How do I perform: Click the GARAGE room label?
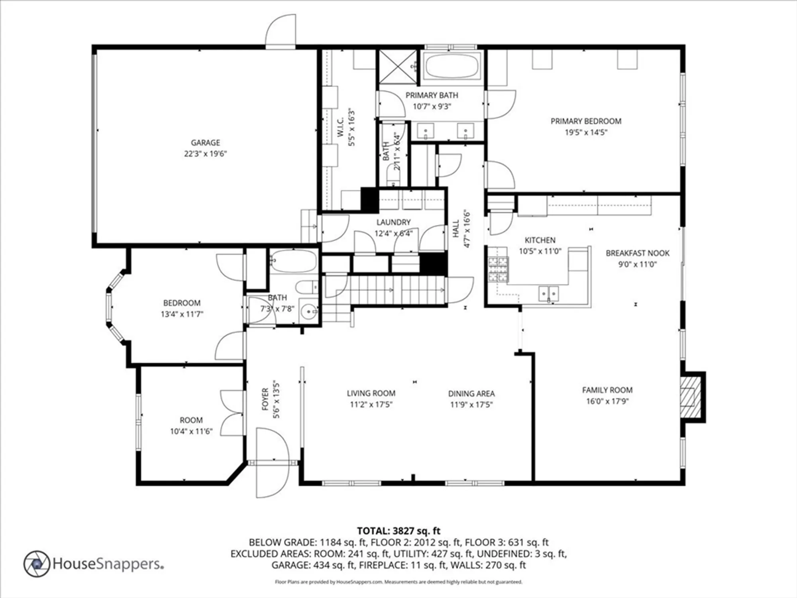(205, 142)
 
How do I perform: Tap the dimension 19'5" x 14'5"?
(585, 132)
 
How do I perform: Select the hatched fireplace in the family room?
(690, 397)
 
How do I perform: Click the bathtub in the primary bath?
(452, 66)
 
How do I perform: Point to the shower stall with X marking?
(398, 67)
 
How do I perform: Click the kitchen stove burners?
(499, 269)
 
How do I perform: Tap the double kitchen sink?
(549, 294)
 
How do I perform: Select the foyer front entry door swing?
(272, 462)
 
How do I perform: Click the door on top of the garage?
(281, 32)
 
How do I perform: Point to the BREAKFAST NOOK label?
(637, 253)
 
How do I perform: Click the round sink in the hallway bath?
(308, 311)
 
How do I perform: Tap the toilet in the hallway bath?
(307, 287)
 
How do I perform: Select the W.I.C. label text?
(340, 127)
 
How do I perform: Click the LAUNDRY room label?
(393, 222)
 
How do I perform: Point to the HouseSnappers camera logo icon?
(37, 564)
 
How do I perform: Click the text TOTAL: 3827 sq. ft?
(398, 531)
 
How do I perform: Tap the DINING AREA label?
(471, 393)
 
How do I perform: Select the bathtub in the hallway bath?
(293, 261)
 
